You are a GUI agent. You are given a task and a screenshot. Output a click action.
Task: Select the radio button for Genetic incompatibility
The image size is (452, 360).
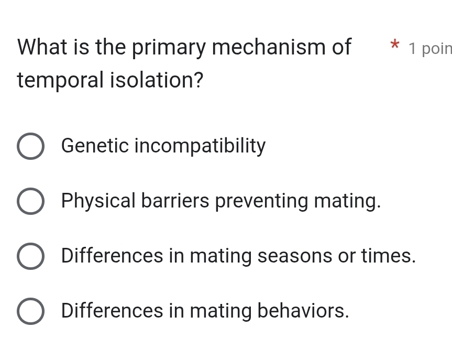pos(30,147)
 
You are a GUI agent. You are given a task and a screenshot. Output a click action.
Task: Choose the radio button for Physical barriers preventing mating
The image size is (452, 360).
pos(30,202)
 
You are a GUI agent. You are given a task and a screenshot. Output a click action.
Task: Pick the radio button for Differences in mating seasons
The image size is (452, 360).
pos(30,257)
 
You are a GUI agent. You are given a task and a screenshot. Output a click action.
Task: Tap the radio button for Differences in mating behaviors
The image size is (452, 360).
pos(30,312)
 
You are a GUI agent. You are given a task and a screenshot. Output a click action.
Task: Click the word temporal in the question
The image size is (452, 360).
pos(51,81)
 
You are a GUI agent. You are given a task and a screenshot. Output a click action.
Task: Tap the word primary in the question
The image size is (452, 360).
pos(169,48)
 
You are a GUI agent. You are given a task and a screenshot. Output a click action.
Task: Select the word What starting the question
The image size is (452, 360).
pos(43,48)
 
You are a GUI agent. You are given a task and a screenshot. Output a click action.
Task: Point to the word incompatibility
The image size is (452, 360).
pos(201,146)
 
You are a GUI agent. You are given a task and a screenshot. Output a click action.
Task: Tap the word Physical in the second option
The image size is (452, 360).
pos(98,201)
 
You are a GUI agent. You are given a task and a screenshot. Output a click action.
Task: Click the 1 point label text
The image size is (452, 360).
pos(429,49)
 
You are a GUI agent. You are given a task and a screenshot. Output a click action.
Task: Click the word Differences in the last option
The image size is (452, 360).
pos(112,311)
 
